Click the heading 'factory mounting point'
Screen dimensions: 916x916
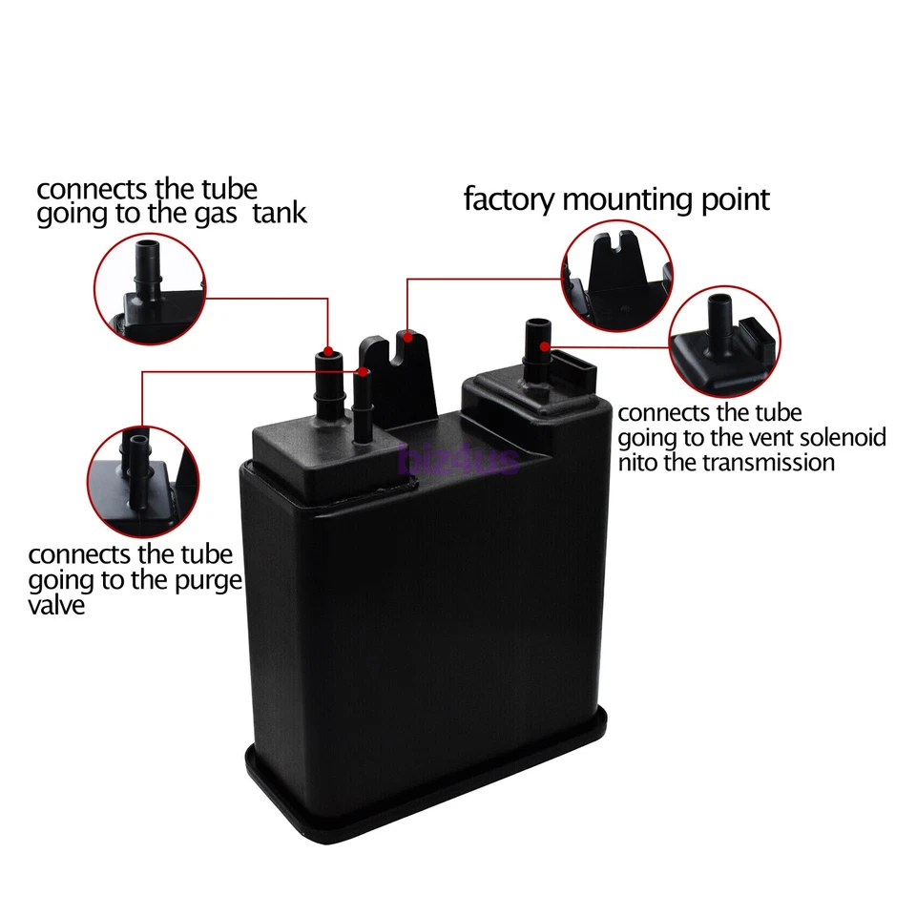tap(615, 200)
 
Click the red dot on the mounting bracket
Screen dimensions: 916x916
tap(408, 335)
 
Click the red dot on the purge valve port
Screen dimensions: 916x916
tap(363, 371)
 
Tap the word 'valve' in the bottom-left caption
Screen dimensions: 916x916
tap(56, 605)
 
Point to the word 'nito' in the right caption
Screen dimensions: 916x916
tap(639, 463)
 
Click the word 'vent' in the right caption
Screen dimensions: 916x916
tap(756, 438)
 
